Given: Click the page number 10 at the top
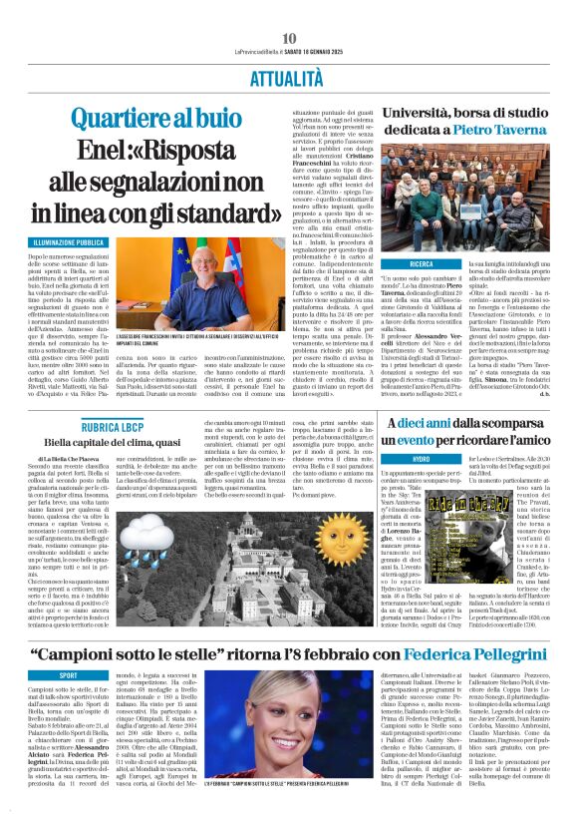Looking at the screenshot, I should coord(289,38).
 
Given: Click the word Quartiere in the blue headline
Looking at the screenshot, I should coord(119,118).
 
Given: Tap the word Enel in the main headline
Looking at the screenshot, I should coord(78,151).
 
